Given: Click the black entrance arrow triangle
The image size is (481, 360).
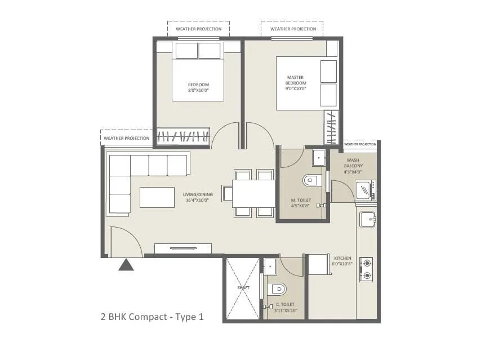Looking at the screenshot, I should pos(126,265).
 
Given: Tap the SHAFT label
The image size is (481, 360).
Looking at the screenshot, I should pos(243,287).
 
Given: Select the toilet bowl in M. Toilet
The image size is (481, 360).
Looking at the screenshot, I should pos(310,181).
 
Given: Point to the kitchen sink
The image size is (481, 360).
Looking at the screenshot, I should pos(367,219).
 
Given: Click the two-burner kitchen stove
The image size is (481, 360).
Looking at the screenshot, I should pos(367,269).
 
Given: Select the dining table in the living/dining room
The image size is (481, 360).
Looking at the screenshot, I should pos(253,193).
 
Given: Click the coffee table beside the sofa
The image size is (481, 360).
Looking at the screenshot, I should pos(157,197).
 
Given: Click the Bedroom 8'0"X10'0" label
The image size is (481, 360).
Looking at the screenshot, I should pos(198,87).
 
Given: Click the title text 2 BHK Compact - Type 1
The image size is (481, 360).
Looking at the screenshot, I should pos(151,317).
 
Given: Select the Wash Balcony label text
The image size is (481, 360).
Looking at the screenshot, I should pos(354,163).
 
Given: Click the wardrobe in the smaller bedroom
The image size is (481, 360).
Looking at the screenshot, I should pos(183,136).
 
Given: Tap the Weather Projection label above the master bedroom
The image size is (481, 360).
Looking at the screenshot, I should pos(292,29).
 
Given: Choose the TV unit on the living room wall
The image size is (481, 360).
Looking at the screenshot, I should pos(183,248).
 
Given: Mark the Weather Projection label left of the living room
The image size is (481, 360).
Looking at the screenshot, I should pos(127,138).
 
